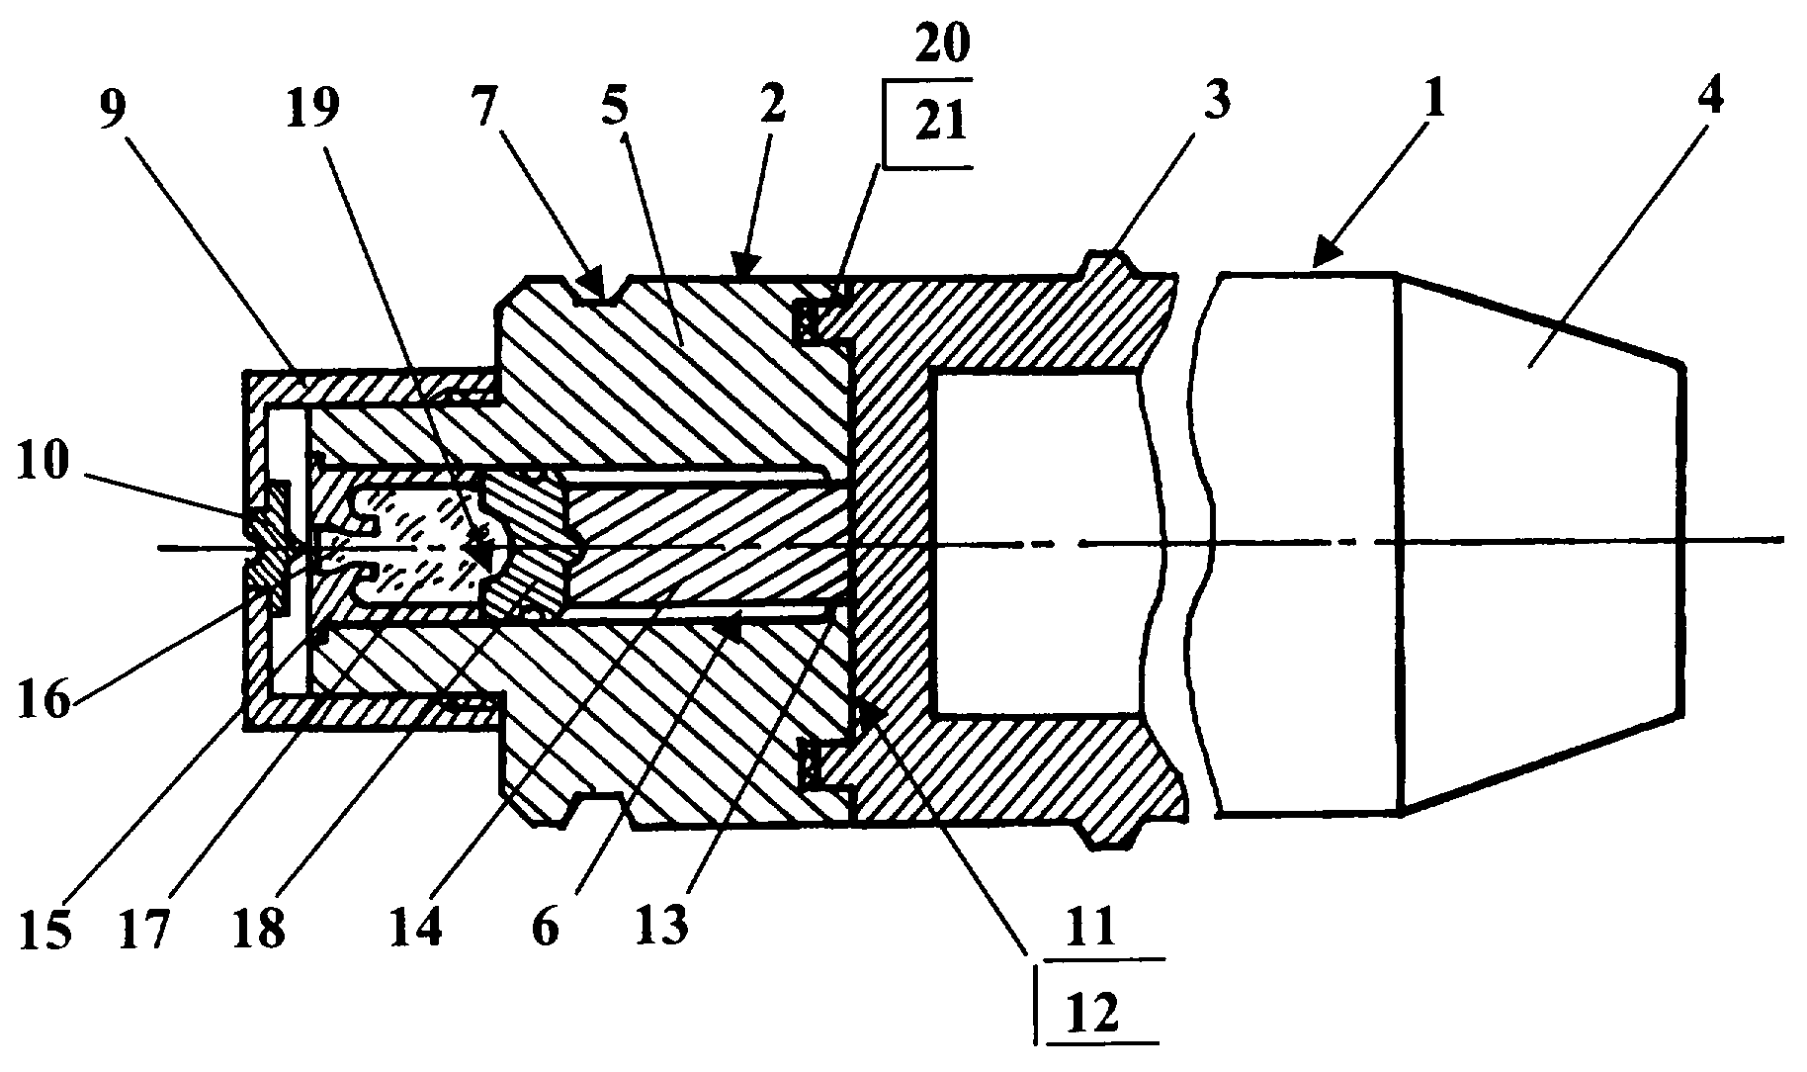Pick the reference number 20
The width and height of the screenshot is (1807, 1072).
[x=938, y=43]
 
